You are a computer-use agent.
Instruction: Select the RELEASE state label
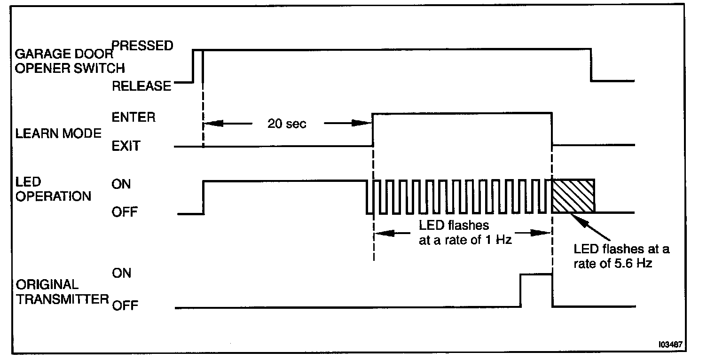(141, 86)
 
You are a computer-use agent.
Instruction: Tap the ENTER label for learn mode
(134, 117)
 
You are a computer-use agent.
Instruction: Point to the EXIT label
(126, 146)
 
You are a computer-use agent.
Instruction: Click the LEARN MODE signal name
(59, 133)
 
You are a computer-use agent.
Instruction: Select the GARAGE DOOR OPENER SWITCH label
(71, 61)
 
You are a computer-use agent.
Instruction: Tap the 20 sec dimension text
(287, 124)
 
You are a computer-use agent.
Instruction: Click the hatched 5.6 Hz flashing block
(573, 196)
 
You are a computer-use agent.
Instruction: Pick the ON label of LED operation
(121, 184)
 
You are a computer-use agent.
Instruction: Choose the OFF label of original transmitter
(125, 306)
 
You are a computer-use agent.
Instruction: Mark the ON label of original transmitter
(121, 273)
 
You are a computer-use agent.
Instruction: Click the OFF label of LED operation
(125, 212)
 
